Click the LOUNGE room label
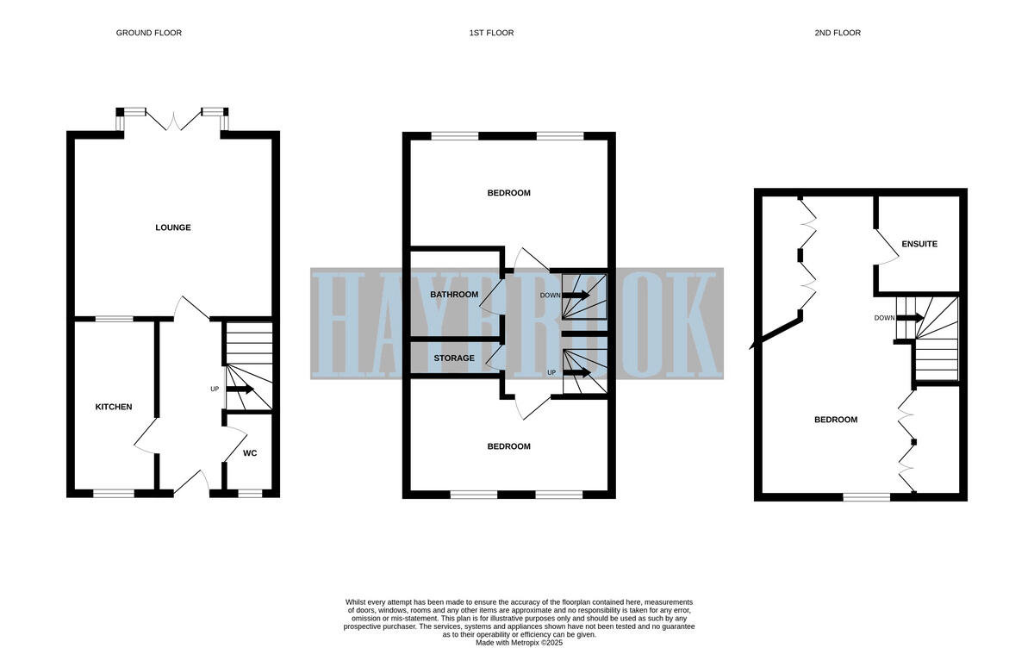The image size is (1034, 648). point(173,227)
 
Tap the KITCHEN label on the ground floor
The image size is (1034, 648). point(113,407)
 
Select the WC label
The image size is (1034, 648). point(250,452)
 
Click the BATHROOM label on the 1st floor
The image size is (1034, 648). point(454,295)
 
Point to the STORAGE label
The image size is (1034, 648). point(454,358)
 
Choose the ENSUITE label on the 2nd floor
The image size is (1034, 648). point(919,244)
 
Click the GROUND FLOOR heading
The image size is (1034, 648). point(149,33)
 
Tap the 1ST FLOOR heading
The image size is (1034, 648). point(491,33)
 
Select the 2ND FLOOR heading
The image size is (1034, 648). point(838,33)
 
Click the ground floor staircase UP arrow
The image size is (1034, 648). point(240,389)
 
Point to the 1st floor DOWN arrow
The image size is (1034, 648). point(576,296)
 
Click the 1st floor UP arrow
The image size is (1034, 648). point(576,372)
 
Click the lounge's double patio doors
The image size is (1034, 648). point(173,121)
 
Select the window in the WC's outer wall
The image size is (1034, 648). point(250,493)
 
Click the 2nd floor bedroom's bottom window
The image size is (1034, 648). point(867,496)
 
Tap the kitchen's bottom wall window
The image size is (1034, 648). point(114,493)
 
